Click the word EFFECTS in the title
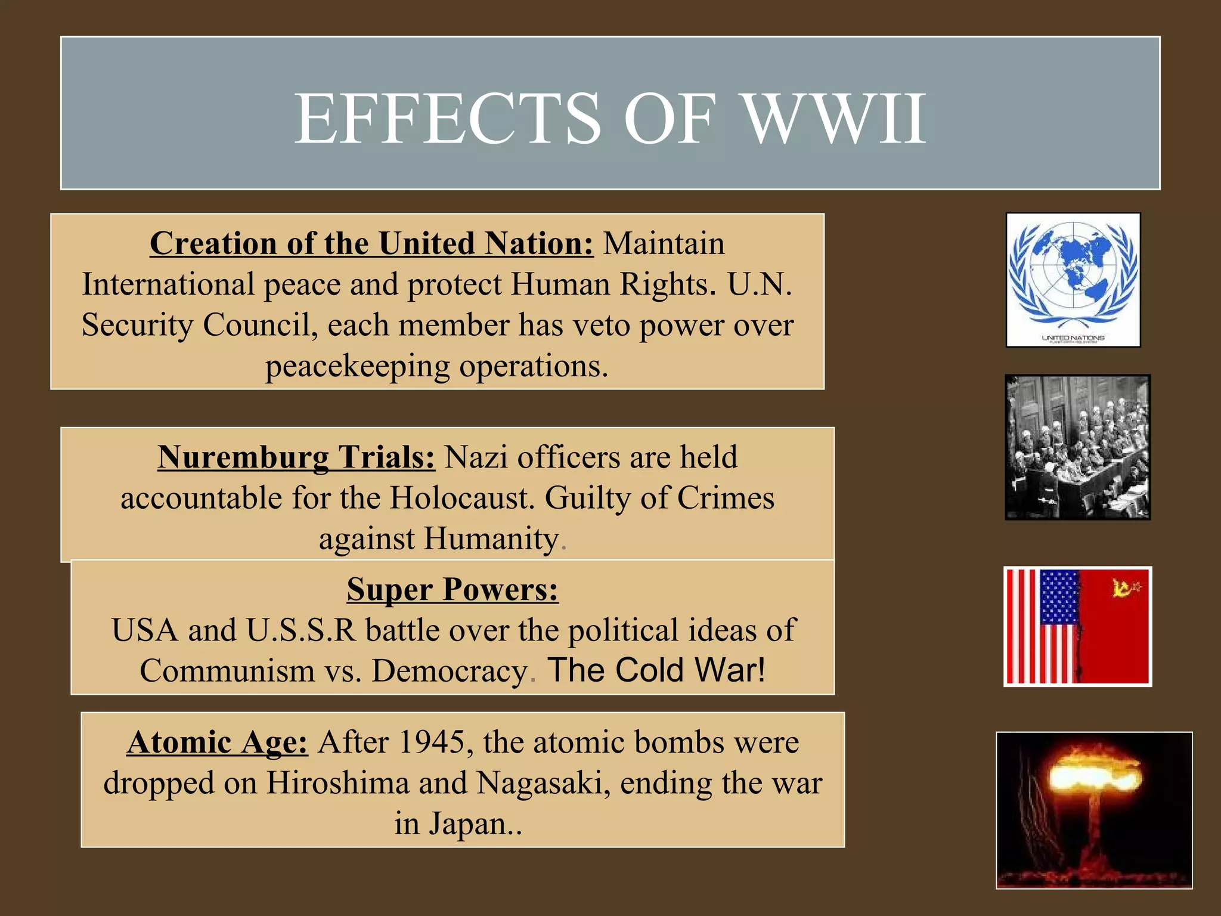pyautogui.click(x=448, y=119)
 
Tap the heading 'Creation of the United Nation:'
pyautogui.click(x=371, y=244)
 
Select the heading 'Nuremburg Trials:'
pyautogui.click(x=296, y=457)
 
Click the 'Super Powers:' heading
pyautogui.click(x=453, y=589)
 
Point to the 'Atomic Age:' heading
pyautogui.click(x=217, y=743)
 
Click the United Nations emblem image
pyautogui.click(x=1073, y=280)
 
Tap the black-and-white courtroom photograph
pyautogui.click(x=1077, y=447)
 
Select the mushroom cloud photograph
pyautogui.click(x=1094, y=810)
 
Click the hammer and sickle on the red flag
pyautogui.click(x=1123, y=588)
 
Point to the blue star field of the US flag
pyautogui.click(x=1059, y=597)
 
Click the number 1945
pyautogui.click(x=431, y=743)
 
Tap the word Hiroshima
pyautogui.click(x=337, y=784)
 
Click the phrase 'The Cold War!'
pyautogui.click(x=656, y=670)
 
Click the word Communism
pyautogui.click(x=227, y=671)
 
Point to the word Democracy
pyautogui.click(x=450, y=671)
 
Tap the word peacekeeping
pyautogui.click(x=357, y=367)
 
